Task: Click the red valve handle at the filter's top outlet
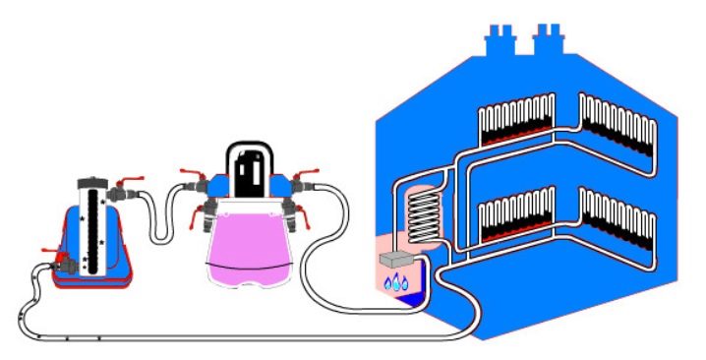click(x=125, y=183)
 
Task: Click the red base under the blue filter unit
click(x=93, y=281)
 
